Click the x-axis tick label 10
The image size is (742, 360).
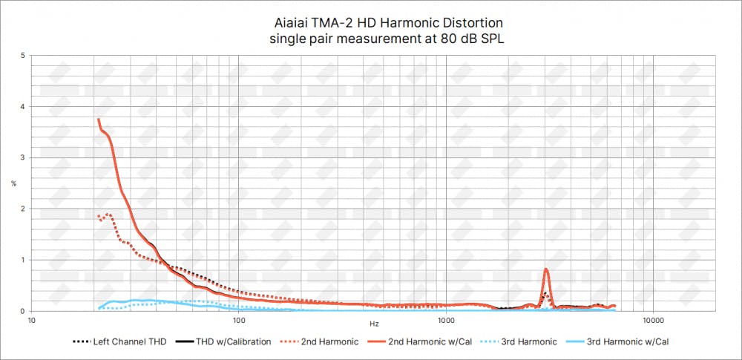click(32, 321)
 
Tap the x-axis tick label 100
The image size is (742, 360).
click(239, 321)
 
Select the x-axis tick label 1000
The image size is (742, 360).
click(446, 321)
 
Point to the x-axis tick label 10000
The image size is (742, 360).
click(653, 321)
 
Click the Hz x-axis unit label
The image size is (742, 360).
click(374, 324)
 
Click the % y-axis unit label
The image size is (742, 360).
click(13, 183)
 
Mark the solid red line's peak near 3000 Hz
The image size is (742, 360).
click(546, 269)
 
